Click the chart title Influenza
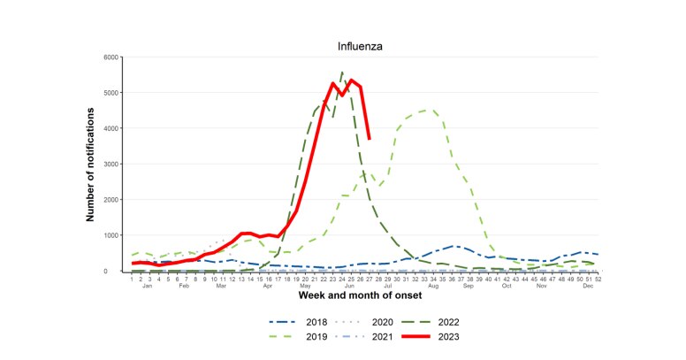361,45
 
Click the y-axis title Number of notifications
92,165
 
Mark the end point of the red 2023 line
369,138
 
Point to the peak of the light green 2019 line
427,111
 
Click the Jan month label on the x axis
148,287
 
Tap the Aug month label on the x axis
433,287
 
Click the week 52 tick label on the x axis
598,279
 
